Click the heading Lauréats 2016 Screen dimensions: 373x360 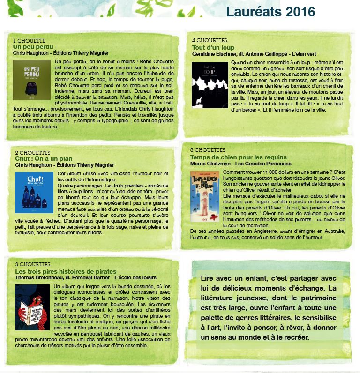click(x=270, y=12)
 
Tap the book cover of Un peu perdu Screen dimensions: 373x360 click(x=31, y=80)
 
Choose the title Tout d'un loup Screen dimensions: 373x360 click(x=213, y=48)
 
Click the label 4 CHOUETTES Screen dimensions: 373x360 click(x=210, y=41)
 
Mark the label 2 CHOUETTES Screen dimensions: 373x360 click(x=33, y=153)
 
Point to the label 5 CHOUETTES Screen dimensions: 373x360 click(x=207, y=150)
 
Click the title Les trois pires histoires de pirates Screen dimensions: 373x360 click(x=66, y=272)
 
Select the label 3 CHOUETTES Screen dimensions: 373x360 click(x=33, y=265)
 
